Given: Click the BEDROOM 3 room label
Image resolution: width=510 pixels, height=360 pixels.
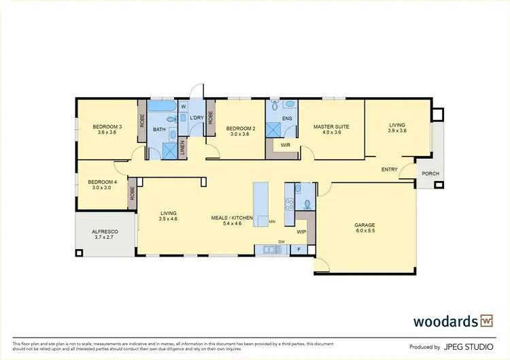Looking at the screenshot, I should pos(107,127).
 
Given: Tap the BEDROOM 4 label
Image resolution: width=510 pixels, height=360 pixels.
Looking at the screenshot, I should pos(102,182).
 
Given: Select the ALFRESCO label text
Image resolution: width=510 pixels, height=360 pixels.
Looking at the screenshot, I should pos(105,232).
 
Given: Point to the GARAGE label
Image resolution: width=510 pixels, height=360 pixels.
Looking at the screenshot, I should pos(364,225).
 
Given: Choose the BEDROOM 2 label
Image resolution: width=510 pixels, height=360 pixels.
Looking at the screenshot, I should pos(241,129).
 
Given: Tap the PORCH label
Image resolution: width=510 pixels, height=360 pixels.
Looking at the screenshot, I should pos(430,174).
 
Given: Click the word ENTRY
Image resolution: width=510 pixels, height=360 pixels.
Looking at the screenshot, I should pos(390,169).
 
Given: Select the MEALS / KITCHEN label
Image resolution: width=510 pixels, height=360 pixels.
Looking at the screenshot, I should pos(233,218).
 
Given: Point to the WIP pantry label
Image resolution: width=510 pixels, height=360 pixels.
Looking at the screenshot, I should pos(302,231).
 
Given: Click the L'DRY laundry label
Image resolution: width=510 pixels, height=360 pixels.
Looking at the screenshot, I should pos(197,118).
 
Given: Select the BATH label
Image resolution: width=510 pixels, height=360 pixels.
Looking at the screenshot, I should pos(159,129).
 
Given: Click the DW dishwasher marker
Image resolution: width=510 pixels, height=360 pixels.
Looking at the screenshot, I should pos(279,242).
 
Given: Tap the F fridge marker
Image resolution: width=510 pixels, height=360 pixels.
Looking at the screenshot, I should pos(300,250).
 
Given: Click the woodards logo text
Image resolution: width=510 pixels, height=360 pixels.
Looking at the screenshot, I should pos(445,321).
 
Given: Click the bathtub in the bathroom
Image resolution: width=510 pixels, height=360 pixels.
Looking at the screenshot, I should pos(161,108).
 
